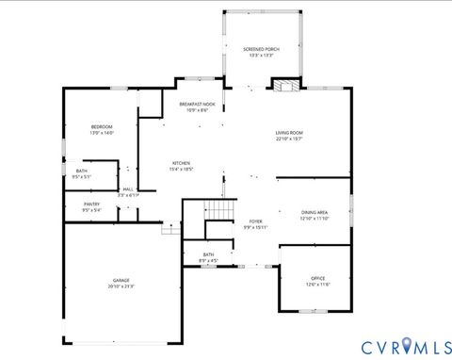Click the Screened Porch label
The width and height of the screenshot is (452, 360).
coord(261,49)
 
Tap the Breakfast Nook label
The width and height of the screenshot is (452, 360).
coord(197,104)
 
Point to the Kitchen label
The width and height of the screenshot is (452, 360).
coord(181,162)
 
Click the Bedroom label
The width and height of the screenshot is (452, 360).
coord(102,126)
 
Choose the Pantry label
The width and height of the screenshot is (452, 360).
coord(91,204)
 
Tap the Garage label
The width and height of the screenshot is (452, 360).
coord(121,280)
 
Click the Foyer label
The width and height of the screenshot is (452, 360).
coord(256,221)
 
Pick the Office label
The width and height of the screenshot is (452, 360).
coord(317,278)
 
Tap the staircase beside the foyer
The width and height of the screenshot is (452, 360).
coord(218,210)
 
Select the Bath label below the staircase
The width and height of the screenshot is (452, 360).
coord(208,254)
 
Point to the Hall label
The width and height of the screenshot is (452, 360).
coord(126,188)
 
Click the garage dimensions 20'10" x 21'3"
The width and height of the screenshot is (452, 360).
coord(121,286)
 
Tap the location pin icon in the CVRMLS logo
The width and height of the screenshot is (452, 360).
coord(407,347)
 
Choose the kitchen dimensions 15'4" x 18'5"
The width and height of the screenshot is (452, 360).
coord(181,169)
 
